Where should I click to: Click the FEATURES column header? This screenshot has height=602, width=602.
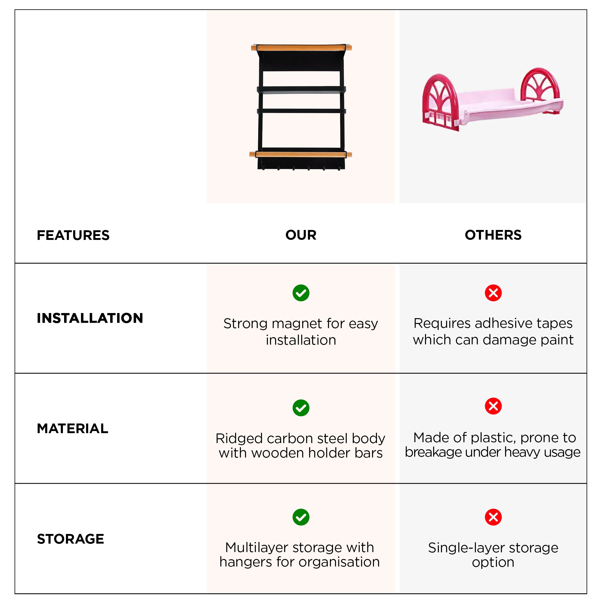[73, 235]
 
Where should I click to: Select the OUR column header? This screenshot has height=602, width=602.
[301, 235]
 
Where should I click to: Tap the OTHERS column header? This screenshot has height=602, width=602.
[493, 235]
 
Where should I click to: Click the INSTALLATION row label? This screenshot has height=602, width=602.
[90, 318]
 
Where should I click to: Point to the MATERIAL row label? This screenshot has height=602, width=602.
[72, 428]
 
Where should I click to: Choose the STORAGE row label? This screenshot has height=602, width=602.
[70, 539]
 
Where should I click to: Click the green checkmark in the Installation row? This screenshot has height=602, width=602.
[301, 293]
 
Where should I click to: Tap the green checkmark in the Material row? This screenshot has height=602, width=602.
[301, 408]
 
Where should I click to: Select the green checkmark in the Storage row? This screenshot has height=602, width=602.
[301, 517]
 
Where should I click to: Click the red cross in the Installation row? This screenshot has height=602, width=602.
[493, 293]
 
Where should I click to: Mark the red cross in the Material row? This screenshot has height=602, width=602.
[493, 406]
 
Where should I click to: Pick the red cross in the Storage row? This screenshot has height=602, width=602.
[493, 517]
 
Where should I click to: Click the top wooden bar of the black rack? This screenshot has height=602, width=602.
[301, 48]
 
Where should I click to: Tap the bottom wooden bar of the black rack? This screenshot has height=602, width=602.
[300, 154]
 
